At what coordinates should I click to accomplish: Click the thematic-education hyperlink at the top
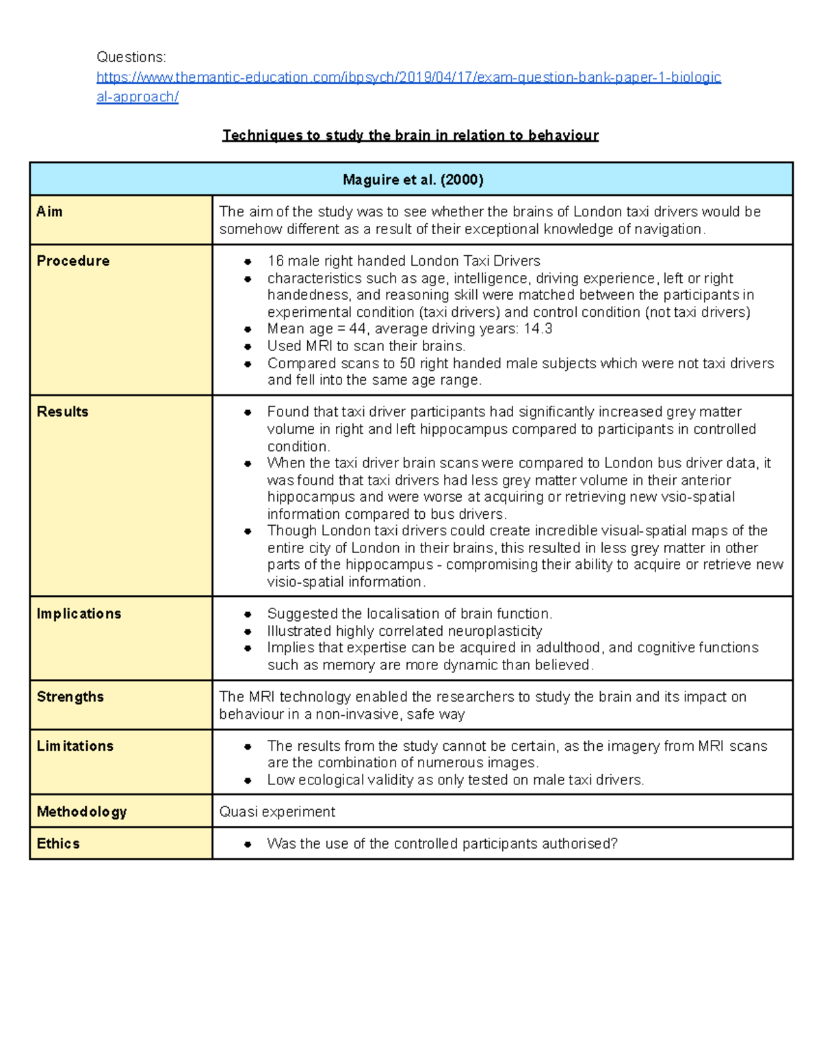[x=408, y=77]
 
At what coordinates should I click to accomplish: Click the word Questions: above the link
[x=131, y=57]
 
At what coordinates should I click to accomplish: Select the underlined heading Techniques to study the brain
[x=410, y=136]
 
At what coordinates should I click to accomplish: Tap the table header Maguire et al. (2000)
[x=413, y=180]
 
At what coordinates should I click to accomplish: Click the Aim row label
[x=49, y=212]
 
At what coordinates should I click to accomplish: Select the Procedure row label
[x=73, y=261]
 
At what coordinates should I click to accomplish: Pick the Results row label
[x=62, y=412]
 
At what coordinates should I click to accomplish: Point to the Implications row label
[x=79, y=614]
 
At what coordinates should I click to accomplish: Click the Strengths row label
[x=70, y=697]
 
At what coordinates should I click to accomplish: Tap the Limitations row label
[x=75, y=746]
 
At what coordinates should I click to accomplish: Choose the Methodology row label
[x=81, y=812]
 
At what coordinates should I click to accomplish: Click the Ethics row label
[x=58, y=844]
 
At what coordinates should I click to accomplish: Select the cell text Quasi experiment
[x=277, y=812]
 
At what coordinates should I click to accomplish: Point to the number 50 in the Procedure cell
[x=407, y=363]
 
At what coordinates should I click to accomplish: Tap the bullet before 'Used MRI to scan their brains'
[x=248, y=347]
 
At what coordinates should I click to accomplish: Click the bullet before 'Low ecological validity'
[x=248, y=781]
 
